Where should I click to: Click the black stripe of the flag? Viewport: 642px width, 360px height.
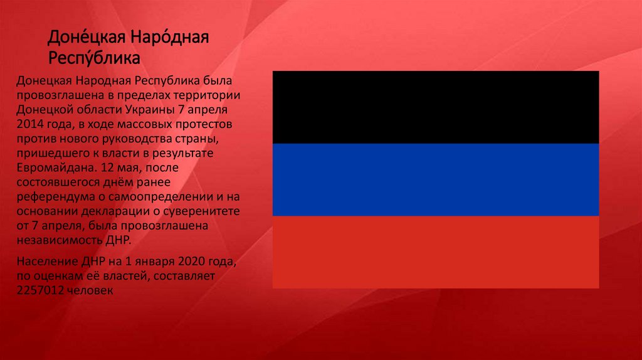click(436, 107)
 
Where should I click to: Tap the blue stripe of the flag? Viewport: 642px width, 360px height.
click(436, 179)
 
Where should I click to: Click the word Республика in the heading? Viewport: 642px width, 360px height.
click(93, 59)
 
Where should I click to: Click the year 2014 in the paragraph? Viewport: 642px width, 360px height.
click(30, 121)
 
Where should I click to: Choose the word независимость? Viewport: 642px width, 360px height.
click(56, 241)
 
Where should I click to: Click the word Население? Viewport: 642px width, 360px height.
click(45, 261)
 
